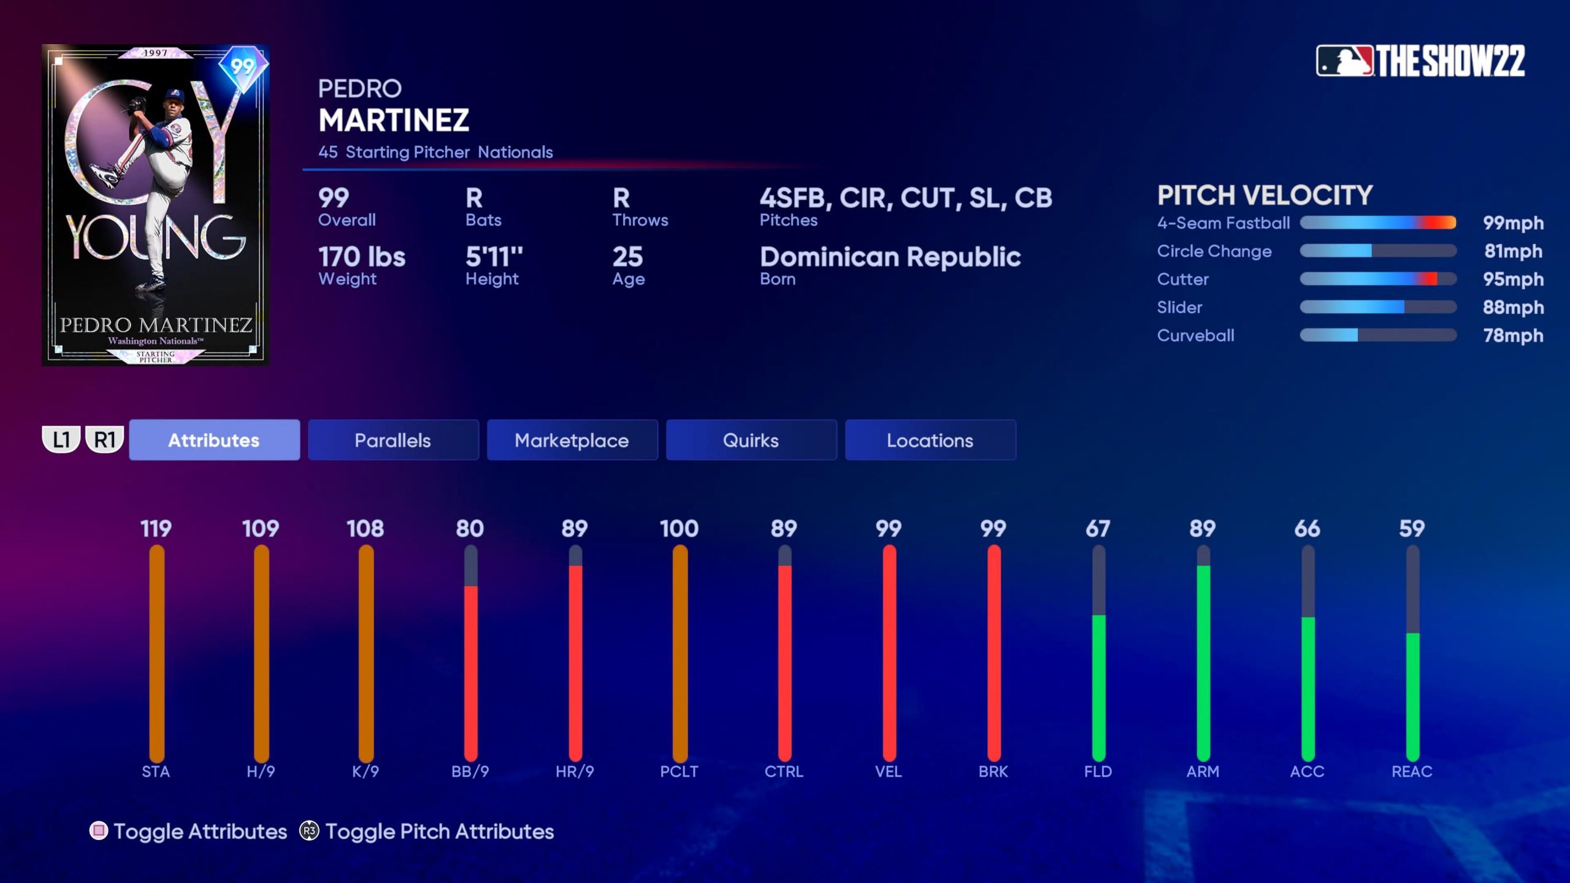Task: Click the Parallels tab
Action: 392,440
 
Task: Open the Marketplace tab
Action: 572,440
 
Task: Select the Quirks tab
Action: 751,440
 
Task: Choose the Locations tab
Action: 930,440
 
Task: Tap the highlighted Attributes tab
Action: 214,440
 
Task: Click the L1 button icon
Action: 61,440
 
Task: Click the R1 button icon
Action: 105,440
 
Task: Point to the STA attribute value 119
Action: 156,529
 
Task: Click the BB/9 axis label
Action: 470,771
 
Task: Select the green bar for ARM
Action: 1203,662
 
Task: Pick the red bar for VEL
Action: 889,653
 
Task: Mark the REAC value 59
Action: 1412,529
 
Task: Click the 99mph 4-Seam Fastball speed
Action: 1513,223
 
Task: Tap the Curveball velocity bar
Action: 1377,335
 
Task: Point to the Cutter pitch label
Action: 1182,280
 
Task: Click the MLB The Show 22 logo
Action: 1420,61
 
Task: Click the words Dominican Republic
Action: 890,257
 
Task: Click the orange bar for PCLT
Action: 680,653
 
